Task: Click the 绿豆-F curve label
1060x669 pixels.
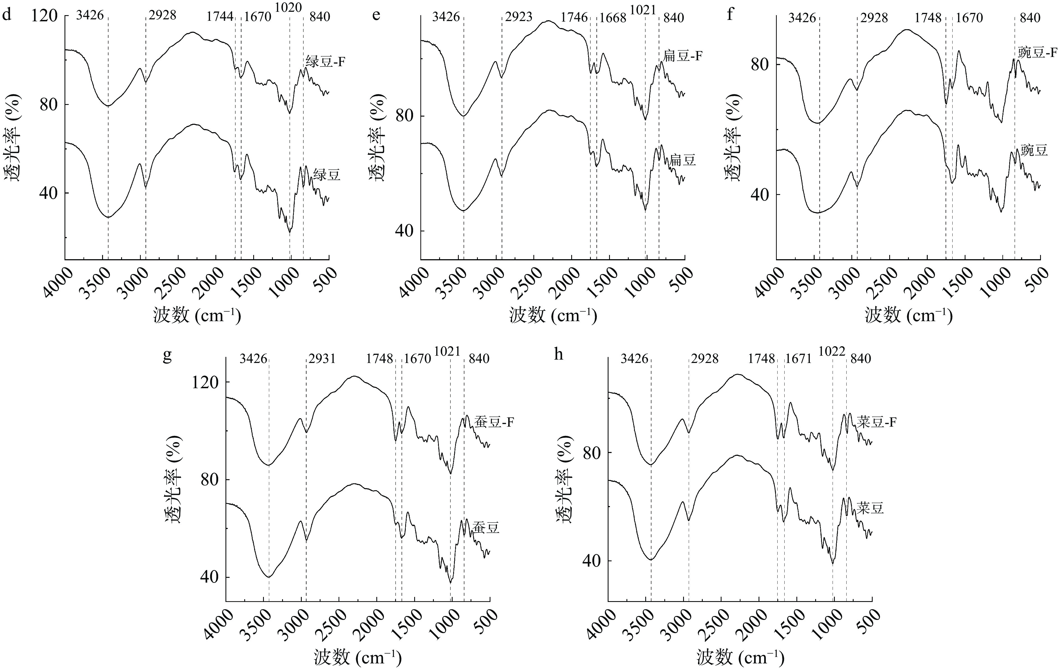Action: tap(325, 62)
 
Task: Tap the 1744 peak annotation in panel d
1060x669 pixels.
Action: tap(220, 17)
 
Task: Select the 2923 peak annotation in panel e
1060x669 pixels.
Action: tap(518, 17)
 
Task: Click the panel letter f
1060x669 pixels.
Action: tap(730, 15)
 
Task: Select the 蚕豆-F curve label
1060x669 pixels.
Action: tap(494, 422)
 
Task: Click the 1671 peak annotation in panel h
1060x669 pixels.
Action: tap(798, 358)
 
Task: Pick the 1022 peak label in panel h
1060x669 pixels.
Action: tap(832, 351)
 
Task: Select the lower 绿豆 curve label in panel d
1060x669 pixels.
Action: tap(327, 175)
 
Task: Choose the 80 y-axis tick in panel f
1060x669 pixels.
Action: tap(759, 65)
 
